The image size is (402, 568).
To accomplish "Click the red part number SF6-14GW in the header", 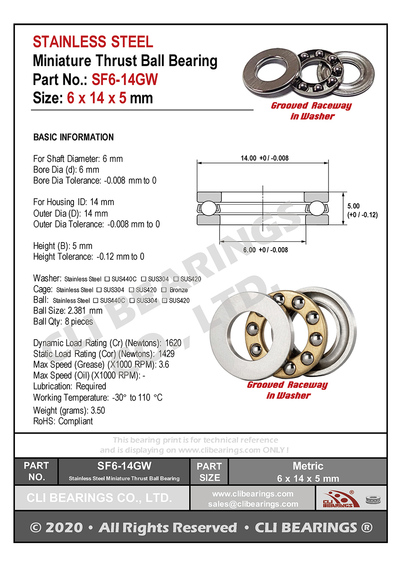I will click(125, 79).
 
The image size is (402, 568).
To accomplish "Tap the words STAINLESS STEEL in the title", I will click(93, 42).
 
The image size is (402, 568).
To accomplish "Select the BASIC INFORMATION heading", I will click(74, 137).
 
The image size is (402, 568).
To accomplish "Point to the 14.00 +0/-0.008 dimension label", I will click(265, 158).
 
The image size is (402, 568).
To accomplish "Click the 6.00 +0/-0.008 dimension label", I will click(265, 250).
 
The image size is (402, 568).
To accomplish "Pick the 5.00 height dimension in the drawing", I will click(354, 206).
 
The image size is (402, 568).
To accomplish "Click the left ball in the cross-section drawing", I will click(208, 208).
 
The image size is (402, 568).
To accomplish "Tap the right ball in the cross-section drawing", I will click(316, 208).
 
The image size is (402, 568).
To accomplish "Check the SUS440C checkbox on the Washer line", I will click(107, 279).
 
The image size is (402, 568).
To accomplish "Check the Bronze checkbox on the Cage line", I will click(164, 290).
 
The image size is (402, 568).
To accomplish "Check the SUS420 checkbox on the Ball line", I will click(164, 301).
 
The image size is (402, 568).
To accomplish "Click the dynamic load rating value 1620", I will click(173, 343).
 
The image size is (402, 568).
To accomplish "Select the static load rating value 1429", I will click(166, 354).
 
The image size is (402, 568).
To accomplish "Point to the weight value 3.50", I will click(98, 411).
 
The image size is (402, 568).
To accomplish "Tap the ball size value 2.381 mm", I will click(85, 311).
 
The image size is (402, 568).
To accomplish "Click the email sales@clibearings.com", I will click(253, 504).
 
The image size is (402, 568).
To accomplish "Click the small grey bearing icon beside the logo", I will click(373, 500).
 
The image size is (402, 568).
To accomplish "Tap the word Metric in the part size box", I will click(308, 466).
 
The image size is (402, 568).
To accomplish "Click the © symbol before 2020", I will click(36, 527).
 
